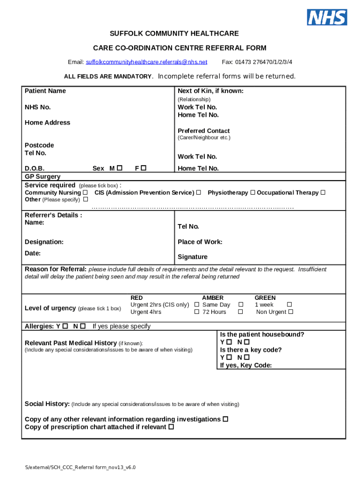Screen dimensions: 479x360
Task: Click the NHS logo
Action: (327, 17)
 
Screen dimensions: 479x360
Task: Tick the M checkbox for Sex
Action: (120, 168)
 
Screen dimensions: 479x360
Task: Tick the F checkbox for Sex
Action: (144, 168)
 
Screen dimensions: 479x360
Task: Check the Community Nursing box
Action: (85, 193)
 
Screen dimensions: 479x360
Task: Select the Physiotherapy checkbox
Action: (252, 193)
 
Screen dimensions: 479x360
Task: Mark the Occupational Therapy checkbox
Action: (323, 193)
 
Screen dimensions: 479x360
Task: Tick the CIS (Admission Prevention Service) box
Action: (199, 193)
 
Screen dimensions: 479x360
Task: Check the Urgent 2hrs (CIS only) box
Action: (197, 305)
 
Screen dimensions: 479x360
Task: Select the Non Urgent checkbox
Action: (291, 312)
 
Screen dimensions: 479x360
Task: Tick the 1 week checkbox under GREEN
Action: (289, 305)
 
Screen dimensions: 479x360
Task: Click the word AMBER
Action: (213, 298)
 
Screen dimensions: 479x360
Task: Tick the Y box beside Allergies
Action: (65, 326)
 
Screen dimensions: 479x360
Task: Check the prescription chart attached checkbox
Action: (171, 427)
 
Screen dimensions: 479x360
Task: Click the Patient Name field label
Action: (45, 91)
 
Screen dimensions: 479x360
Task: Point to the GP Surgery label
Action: (43, 176)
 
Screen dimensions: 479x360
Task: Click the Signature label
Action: (193, 257)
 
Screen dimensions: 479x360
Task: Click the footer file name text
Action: (80, 467)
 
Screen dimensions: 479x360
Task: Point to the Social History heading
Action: (47, 404)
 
